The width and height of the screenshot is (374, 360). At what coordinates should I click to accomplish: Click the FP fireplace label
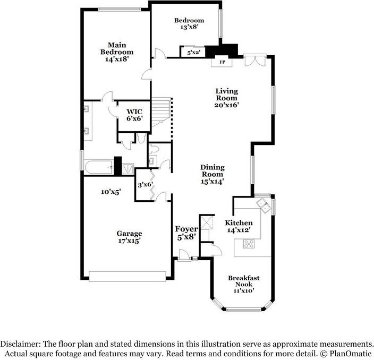tap(222, 62)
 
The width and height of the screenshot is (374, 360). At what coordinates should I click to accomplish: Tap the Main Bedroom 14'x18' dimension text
tap(117, 59)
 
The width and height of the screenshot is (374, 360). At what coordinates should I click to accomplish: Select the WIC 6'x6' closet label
tap(134, 115)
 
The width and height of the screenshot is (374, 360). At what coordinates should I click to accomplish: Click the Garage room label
tap(129, 233)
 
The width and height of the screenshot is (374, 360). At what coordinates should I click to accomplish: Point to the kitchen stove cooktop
tap(249, 244)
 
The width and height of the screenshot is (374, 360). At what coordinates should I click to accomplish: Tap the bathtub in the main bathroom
tap(99, 167)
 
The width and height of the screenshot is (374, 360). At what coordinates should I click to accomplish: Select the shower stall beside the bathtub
tap(128, 168)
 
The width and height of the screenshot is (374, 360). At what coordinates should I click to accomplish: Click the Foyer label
tap(186, 229)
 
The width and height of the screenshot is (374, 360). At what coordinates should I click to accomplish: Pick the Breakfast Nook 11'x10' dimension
tap(244, 290)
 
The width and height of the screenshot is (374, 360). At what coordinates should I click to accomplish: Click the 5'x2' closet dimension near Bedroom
tap(193, 53)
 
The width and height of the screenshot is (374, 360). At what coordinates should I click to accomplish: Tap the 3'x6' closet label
tap(145, 185)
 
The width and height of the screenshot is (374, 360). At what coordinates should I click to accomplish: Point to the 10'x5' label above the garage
tap(110, 192)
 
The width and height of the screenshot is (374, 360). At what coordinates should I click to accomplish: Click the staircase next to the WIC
tap(161, 112)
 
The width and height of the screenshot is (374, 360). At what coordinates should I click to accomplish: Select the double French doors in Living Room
tap(255, 61)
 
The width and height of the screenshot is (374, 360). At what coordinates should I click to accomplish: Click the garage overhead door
tap(127, 276)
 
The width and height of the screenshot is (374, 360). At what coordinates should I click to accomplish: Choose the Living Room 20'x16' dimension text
tap(226, 105)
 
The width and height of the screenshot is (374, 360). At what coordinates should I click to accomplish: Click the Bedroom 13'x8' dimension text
tap(189, 27)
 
